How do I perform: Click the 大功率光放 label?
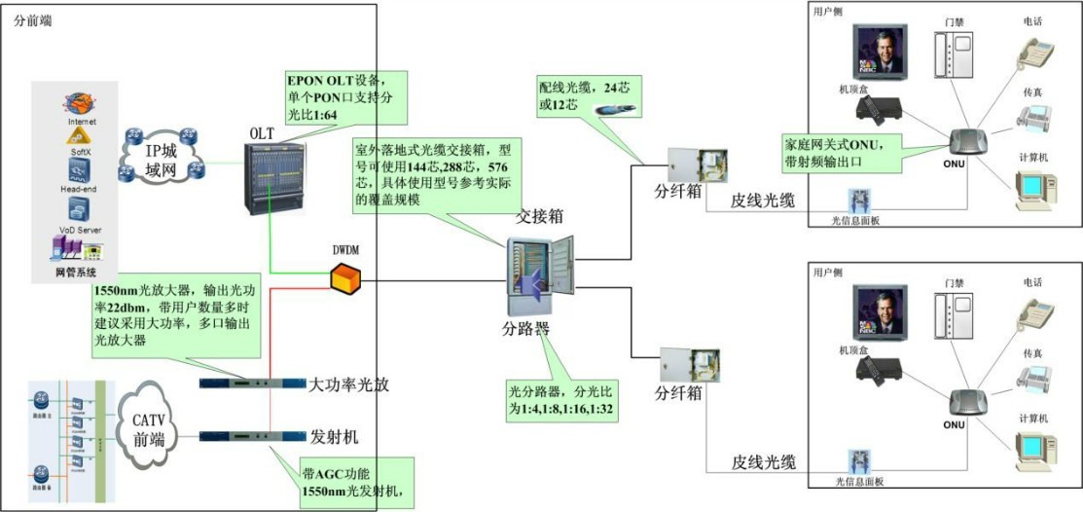[x=347, y=384]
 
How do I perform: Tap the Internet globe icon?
[x=81, y=104]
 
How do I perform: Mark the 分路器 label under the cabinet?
[x=526, y=328]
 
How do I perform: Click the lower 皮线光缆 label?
[x=764, y=461]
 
